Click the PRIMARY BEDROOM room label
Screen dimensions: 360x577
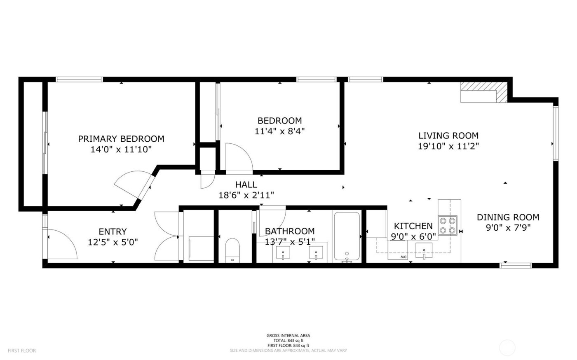point(121,139)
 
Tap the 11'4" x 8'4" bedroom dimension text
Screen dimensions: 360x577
point(279,131)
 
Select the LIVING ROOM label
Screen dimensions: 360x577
point(448,136)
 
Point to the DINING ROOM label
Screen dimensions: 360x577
point(508,217)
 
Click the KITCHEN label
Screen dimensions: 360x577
point(413,226)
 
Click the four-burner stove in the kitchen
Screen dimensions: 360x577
point(448,225)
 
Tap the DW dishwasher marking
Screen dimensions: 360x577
point(403,257)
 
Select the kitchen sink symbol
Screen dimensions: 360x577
point(424,251)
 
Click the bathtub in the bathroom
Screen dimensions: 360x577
point(347,236)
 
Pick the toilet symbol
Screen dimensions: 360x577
point(232,250)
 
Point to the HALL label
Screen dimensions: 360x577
point(246,185)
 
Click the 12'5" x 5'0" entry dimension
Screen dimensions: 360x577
point(113,242)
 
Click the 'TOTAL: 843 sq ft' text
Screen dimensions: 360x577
point(288,341)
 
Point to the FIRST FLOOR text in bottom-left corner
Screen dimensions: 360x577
point(21,351)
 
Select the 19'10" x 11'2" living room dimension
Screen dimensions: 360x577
point(448,146)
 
